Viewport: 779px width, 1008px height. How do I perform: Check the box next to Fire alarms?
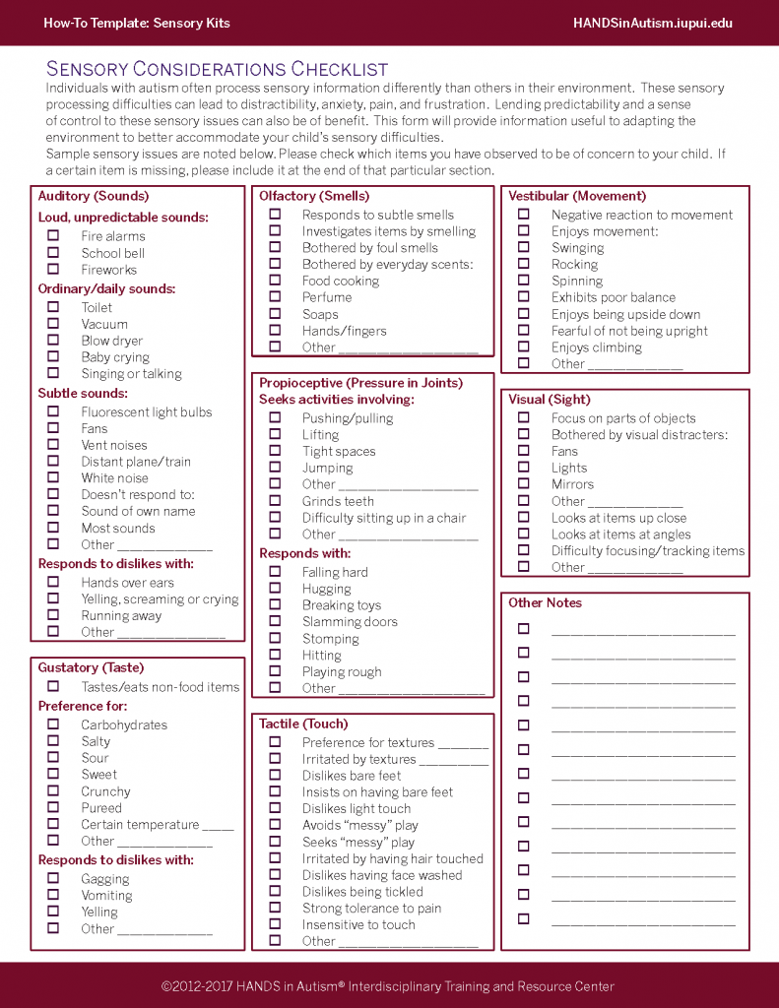pos(53,236)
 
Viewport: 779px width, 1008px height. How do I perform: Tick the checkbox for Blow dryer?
pos(53,341)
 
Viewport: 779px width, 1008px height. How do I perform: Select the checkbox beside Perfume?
pos(275,297)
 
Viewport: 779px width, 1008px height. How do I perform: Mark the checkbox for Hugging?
pos(275,589)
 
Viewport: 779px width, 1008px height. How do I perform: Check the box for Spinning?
pos(524,281)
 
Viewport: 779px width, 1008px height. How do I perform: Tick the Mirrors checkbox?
pos(524,484)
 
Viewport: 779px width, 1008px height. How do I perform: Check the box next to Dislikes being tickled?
pos(275,892)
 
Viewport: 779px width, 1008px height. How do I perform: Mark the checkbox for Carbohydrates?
pos(53,724)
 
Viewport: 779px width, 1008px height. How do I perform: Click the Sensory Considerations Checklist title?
pos(218,69)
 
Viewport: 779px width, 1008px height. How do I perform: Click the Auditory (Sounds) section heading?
pos(94,196)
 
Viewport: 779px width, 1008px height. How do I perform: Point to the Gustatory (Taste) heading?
pos(91,667)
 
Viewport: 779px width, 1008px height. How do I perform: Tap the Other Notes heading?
pos(545,602)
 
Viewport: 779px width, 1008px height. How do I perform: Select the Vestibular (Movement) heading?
pos(577,196)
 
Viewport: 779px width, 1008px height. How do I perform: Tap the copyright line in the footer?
pos(388,986)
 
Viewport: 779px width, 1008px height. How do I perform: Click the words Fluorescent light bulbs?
pos(147,412)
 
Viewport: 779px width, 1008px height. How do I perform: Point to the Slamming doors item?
pos(350,622)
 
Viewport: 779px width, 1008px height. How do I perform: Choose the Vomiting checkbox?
pos(53,896)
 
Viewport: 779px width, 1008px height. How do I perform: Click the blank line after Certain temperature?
pos(218,826)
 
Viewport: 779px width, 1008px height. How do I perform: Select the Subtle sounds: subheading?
pos(84,394)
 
